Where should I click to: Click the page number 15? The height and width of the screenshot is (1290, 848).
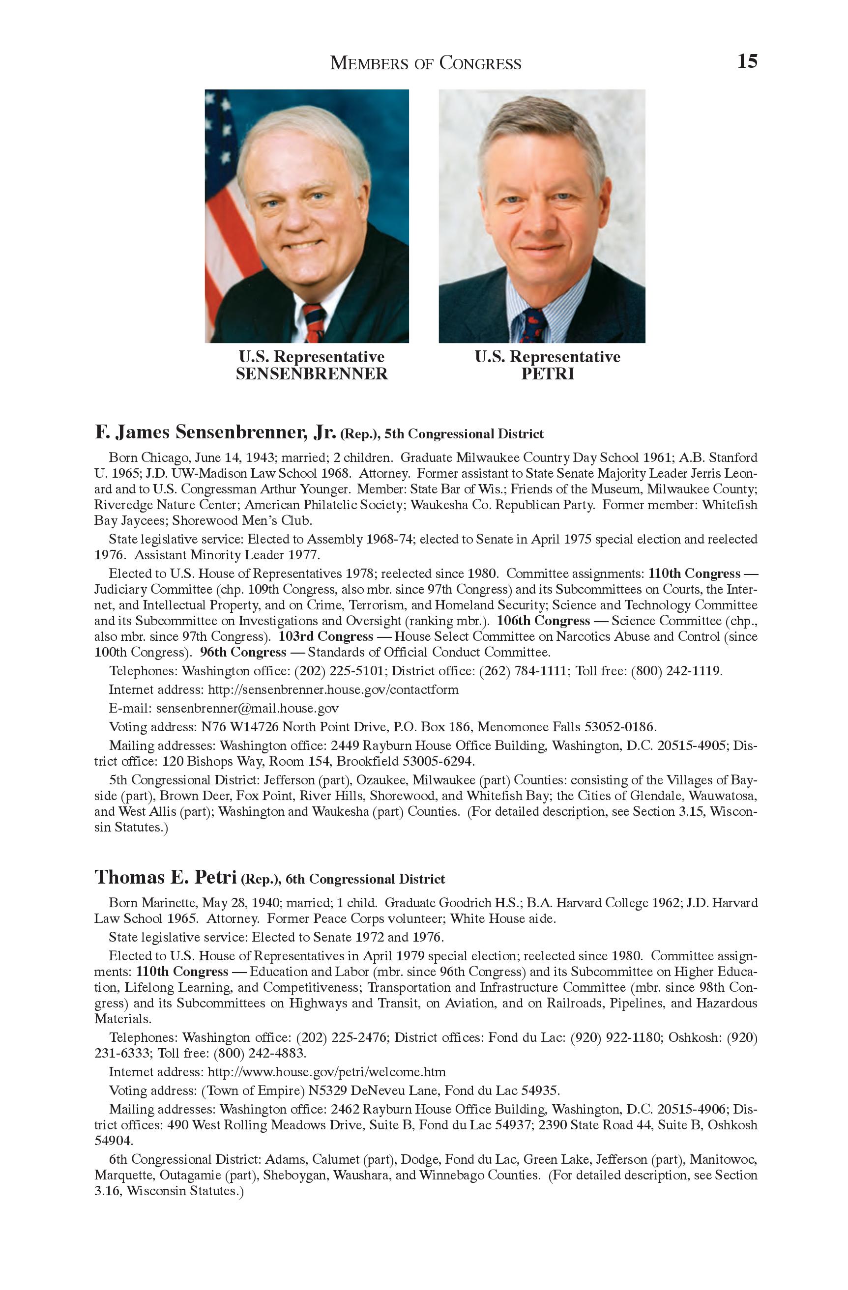point(747,61)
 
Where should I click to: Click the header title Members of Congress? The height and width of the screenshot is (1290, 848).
point(426,63)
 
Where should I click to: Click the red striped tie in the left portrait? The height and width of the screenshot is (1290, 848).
point(314,323)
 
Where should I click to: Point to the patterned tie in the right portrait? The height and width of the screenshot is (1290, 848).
point(532,325)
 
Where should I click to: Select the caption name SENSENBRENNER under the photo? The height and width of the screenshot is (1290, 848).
point(312,374)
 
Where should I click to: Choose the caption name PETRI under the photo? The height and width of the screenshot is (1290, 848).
point(547,374)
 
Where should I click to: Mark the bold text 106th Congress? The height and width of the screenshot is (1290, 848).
point(543,621)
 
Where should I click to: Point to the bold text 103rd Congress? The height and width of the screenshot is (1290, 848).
point(326,636)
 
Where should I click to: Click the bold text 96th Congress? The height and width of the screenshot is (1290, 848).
point(243,652)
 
